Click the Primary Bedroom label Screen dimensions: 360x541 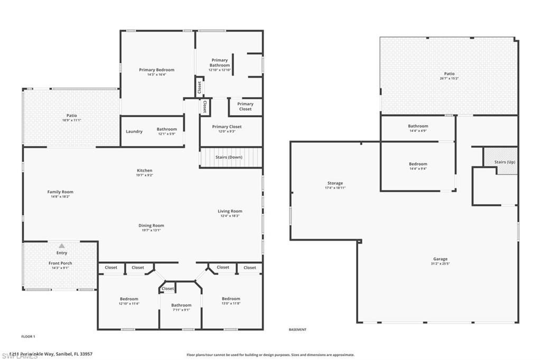pos(156,70)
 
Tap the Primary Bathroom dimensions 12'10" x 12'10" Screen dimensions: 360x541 pos(220,70)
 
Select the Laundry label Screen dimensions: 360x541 pos(134,131)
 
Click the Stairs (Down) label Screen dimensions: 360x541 pos(229,157)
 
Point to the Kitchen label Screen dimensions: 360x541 pos(144,170)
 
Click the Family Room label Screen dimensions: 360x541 pos(60,192)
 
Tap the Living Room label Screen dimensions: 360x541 pos(230,211)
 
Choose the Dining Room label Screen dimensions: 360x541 pos(151,225)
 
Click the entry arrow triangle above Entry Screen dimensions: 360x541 pos(62,245)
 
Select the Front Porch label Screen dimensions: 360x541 pos(60,263)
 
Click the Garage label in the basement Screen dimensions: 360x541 pos(440,259)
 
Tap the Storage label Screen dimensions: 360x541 pos(335,183)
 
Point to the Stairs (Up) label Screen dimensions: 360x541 pos(505,162)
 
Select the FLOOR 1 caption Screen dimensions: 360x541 pos(28,336)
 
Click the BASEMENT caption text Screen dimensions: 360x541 pos(297,329)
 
